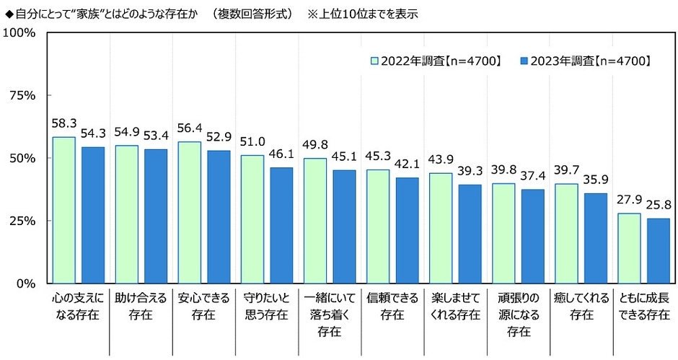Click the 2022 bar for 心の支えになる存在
point(63,210)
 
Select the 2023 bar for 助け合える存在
point(156,216)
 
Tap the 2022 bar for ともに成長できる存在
point(629,248)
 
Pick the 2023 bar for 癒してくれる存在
point(595,238)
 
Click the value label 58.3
point(63,124)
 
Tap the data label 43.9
point(440,160)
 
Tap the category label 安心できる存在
point(203,305)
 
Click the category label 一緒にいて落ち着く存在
point(328,314)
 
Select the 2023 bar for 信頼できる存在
point(407,230)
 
